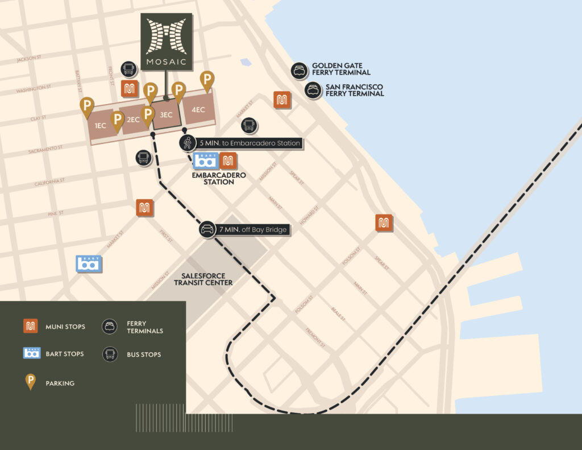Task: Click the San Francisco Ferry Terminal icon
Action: click(313, 90)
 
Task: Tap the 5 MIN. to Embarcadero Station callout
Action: click(241, 143)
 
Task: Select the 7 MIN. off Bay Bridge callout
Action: click(244, 230)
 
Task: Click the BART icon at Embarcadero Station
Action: click(205, 161)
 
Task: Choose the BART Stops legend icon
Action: click(31, 354)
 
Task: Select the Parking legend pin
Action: click(31, 382)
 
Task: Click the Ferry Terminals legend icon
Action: click(109, 327)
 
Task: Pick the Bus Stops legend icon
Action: click(109, 354)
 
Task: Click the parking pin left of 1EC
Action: click(86, 106)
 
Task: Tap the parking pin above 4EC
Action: click(207, 80)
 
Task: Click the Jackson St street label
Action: click(29, 59)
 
